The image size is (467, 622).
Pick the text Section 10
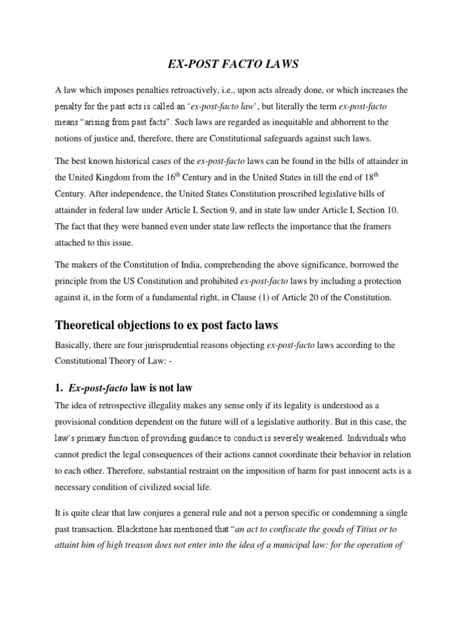click(x=377, y=210)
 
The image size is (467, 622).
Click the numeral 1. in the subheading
click(x=60, y=388)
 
